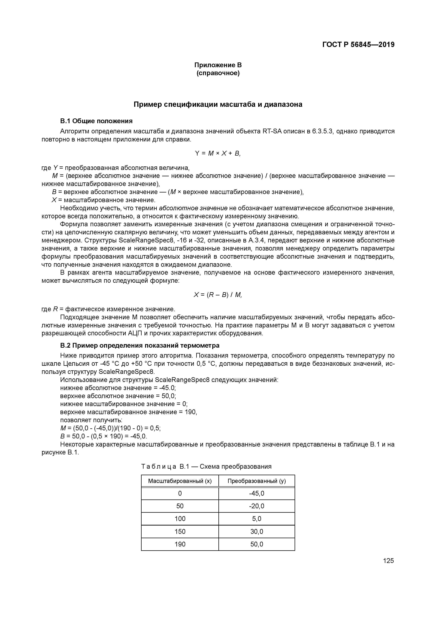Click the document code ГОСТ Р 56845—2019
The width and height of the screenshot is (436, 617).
point(358,45)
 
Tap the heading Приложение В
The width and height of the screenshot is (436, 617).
point(218,65)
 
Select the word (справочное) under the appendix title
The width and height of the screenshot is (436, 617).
point(218,73)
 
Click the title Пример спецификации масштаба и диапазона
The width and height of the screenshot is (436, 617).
point(218,104)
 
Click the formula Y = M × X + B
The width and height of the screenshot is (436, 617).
point(218,153)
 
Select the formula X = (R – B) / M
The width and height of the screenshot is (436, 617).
point(218,295)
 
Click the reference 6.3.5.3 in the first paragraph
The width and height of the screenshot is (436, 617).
point(322,131)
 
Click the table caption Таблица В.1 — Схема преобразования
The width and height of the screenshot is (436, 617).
point(206,467)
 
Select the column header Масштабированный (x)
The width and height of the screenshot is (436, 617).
point(180,481)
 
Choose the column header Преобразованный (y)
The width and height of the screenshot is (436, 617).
point(257,481)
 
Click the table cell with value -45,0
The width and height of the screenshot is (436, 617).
point(257,493)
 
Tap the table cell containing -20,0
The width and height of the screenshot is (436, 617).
point(257,506)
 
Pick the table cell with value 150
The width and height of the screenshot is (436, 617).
point(180,531)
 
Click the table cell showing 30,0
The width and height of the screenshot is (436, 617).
point(257,531)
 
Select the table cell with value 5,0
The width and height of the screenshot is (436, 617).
point(257,519)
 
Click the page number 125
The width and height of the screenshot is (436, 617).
point(388,561)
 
